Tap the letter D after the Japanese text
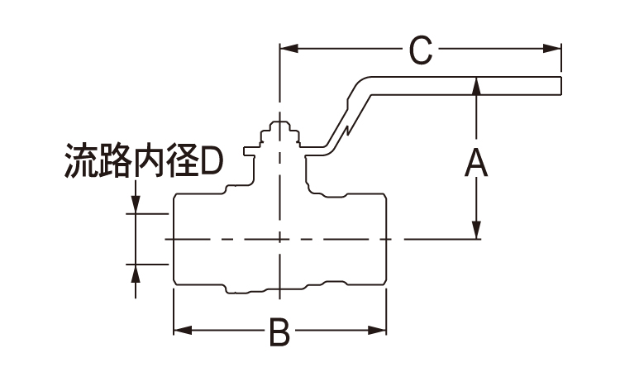(212, 164)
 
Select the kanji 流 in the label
(81, 163)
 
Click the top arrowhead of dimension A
(476, 85)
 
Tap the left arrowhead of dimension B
(179, 332)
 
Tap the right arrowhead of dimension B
(379, 332)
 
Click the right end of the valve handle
(560, 85)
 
